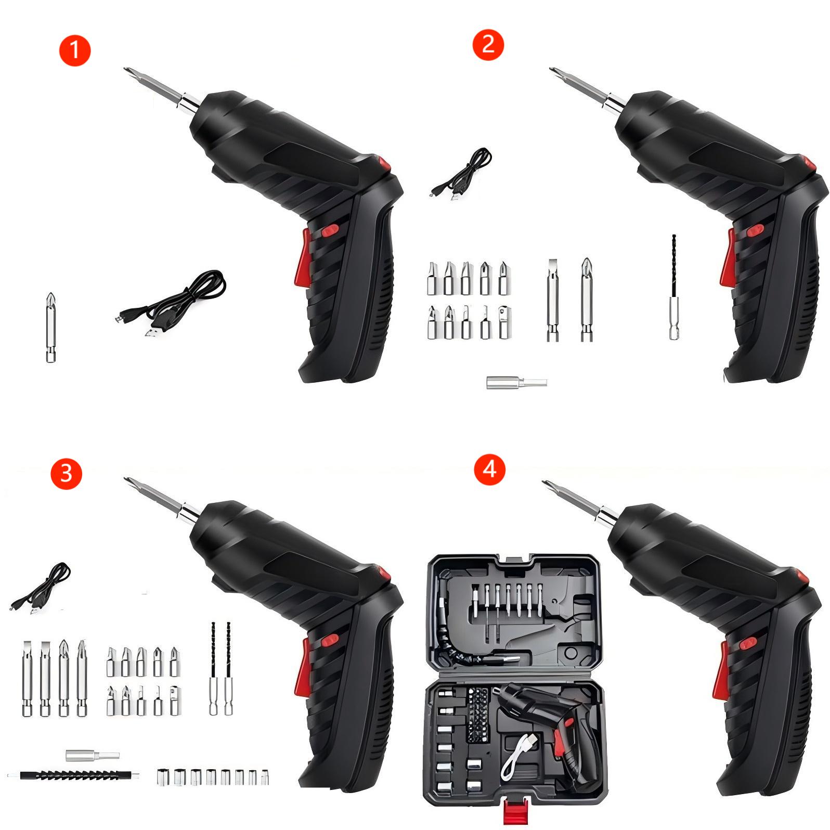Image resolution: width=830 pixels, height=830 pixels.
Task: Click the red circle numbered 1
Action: [75, 50]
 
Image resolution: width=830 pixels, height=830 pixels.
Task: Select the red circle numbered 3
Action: [66, 473]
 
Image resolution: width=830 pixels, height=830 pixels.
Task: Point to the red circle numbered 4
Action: [489, 470]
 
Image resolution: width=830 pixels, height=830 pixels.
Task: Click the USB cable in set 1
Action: [172, 305]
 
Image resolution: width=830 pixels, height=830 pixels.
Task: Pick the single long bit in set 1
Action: [50, 327]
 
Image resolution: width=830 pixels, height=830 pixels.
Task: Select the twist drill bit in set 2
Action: [674, 287]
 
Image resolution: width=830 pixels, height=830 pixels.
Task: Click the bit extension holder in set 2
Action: [516, 383]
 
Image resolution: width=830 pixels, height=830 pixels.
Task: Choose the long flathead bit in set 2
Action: [552, 300]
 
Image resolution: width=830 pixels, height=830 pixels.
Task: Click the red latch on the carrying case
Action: [516, 811]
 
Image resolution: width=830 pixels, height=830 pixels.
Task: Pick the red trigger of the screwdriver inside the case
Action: [560, 741]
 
